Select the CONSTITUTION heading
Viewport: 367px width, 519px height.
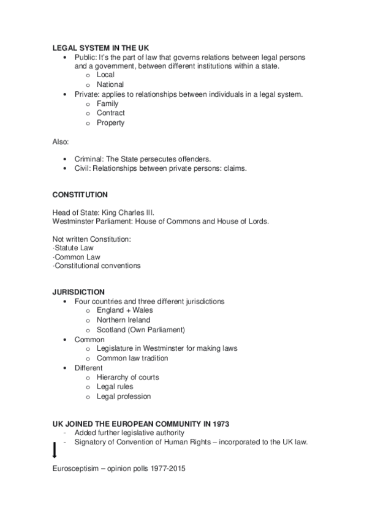coord(80,195)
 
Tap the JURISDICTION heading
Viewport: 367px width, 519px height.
coord(78,291)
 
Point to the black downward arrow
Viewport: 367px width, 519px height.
coord(55,451)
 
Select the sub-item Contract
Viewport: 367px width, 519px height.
coord(110,113)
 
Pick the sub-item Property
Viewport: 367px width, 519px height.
coord(110,122)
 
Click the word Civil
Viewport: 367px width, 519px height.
coord(82,168)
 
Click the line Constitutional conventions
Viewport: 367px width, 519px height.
coord(96,266)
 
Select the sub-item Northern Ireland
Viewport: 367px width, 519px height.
coord(123,320)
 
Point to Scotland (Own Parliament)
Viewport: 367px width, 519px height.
coord(140,330)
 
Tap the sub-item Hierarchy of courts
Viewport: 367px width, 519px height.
coord(127,378)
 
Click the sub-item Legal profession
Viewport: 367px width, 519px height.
coord(123,397)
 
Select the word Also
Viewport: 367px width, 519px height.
coord(61,141)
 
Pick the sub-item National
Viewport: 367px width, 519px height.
coord(110,84)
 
